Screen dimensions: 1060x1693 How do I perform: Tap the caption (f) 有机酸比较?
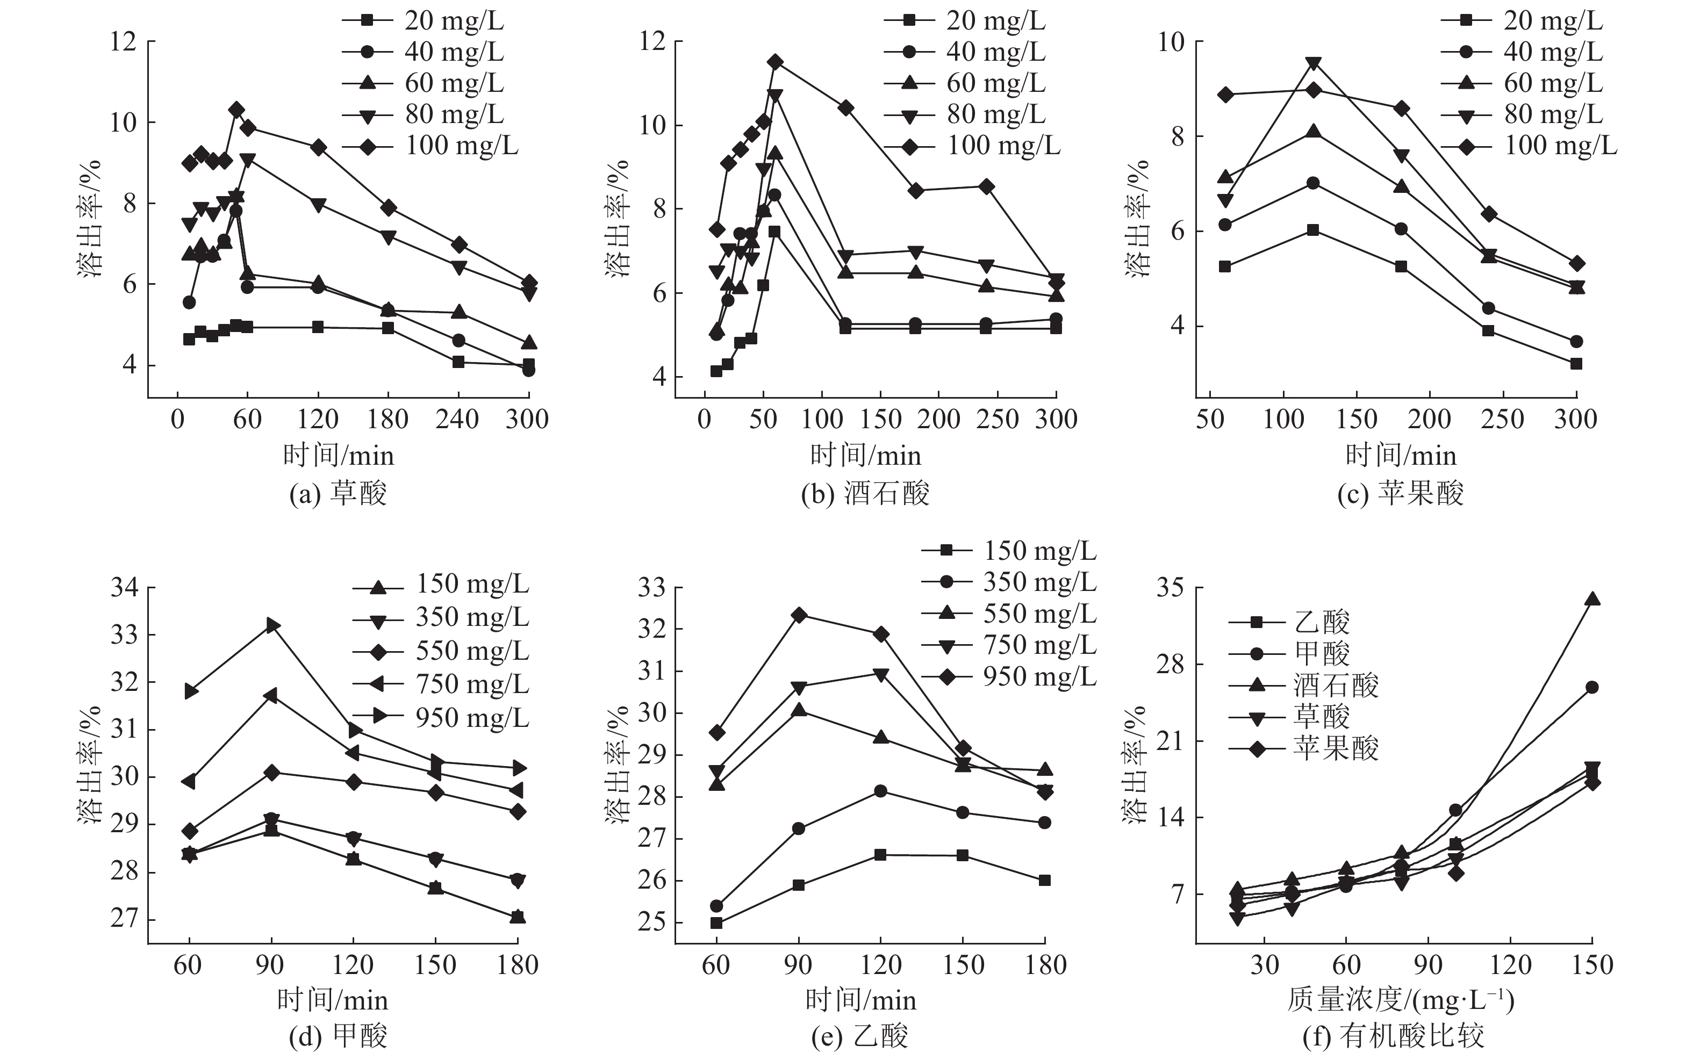coord(1393,1035)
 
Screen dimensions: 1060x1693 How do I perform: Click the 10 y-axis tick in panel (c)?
coord(1171,42)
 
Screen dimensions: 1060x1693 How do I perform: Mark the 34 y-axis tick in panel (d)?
coord(124,588)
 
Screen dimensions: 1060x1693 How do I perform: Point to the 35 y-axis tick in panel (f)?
coord(1171,588)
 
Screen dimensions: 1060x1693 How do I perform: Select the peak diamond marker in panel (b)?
coord(775,62)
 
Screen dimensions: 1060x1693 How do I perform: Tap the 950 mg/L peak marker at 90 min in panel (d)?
coord(271,625)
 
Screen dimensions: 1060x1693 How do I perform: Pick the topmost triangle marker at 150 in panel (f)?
coord(1592,598)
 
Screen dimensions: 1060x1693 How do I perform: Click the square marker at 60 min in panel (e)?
coord(716,922)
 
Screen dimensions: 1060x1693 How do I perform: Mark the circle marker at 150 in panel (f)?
coord(1592,687)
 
